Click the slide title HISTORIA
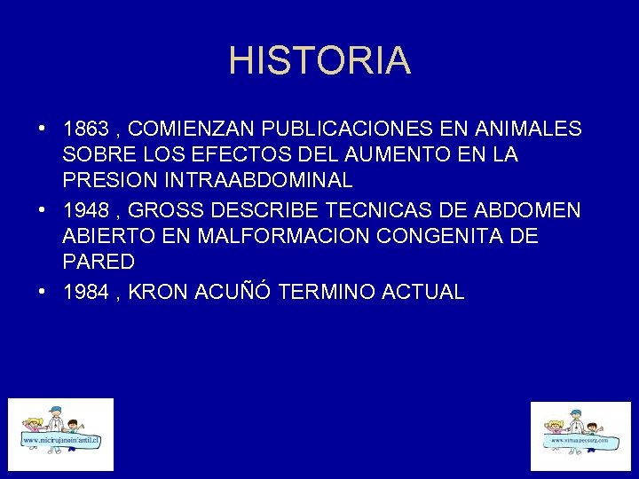click(319, 60)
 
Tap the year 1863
click(84, 130)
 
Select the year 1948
click(84, 210)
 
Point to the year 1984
click(84, 292)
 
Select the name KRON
click(158, 292)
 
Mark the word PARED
click(99, 262)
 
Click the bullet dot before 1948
click(43, 210)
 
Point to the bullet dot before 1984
click(43, 292)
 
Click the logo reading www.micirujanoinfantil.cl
click(61, 434)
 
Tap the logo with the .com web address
click(580, 436)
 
